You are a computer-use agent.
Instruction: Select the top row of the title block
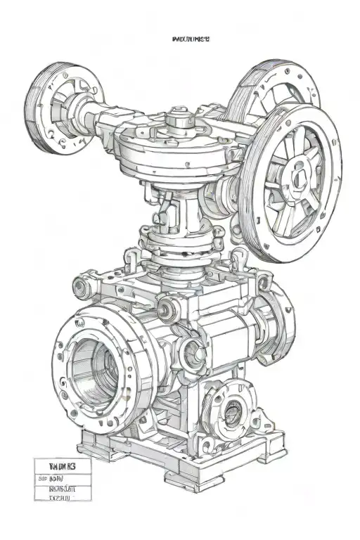(63, 465)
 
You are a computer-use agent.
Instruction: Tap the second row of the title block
(63, 477)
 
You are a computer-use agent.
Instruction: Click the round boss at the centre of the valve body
(191, 347)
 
